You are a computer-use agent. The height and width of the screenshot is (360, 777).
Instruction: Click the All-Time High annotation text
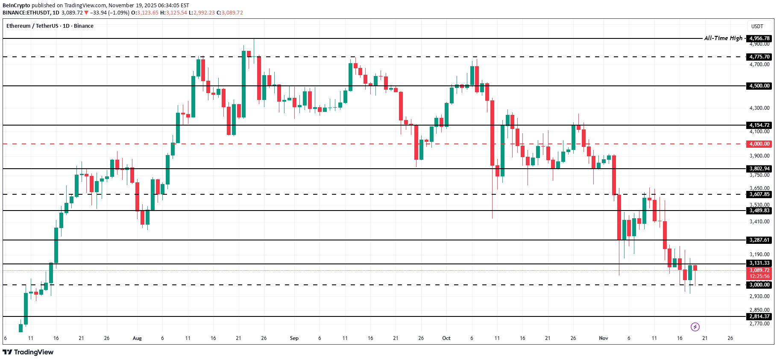[723, 38]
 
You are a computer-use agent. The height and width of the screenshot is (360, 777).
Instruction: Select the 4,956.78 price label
[759, 38]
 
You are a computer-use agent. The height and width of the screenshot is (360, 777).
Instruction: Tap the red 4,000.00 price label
[759, 144]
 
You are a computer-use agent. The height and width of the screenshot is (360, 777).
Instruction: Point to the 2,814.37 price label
[759, 316]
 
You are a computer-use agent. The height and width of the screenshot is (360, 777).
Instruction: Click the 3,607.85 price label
[759, 194]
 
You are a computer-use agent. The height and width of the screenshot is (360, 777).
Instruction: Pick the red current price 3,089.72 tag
[759, 270]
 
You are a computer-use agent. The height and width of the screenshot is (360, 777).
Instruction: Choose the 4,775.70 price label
[759, 57]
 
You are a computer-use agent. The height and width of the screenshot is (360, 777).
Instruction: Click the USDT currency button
[757, 26]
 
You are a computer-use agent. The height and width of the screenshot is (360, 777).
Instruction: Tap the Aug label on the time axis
[137, 338]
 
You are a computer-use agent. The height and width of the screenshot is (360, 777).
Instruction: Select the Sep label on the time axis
[294, 338]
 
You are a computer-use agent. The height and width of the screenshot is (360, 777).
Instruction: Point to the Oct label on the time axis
[446, 338]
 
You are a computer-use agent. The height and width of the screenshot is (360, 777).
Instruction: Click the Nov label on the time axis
[604, 338]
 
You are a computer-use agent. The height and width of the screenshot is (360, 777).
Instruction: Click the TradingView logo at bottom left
[28, 352]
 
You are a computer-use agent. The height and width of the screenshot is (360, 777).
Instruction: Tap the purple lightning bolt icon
[695, 327]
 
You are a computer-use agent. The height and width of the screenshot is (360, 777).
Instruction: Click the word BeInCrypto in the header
[16, 6]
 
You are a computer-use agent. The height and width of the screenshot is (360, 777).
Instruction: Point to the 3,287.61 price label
[759, 240]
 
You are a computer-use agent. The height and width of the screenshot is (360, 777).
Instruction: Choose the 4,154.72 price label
[759, 125]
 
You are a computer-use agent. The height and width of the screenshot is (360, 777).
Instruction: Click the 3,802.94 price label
[759, 169]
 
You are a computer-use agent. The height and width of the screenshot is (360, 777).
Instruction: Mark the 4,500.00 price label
[759, 86]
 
